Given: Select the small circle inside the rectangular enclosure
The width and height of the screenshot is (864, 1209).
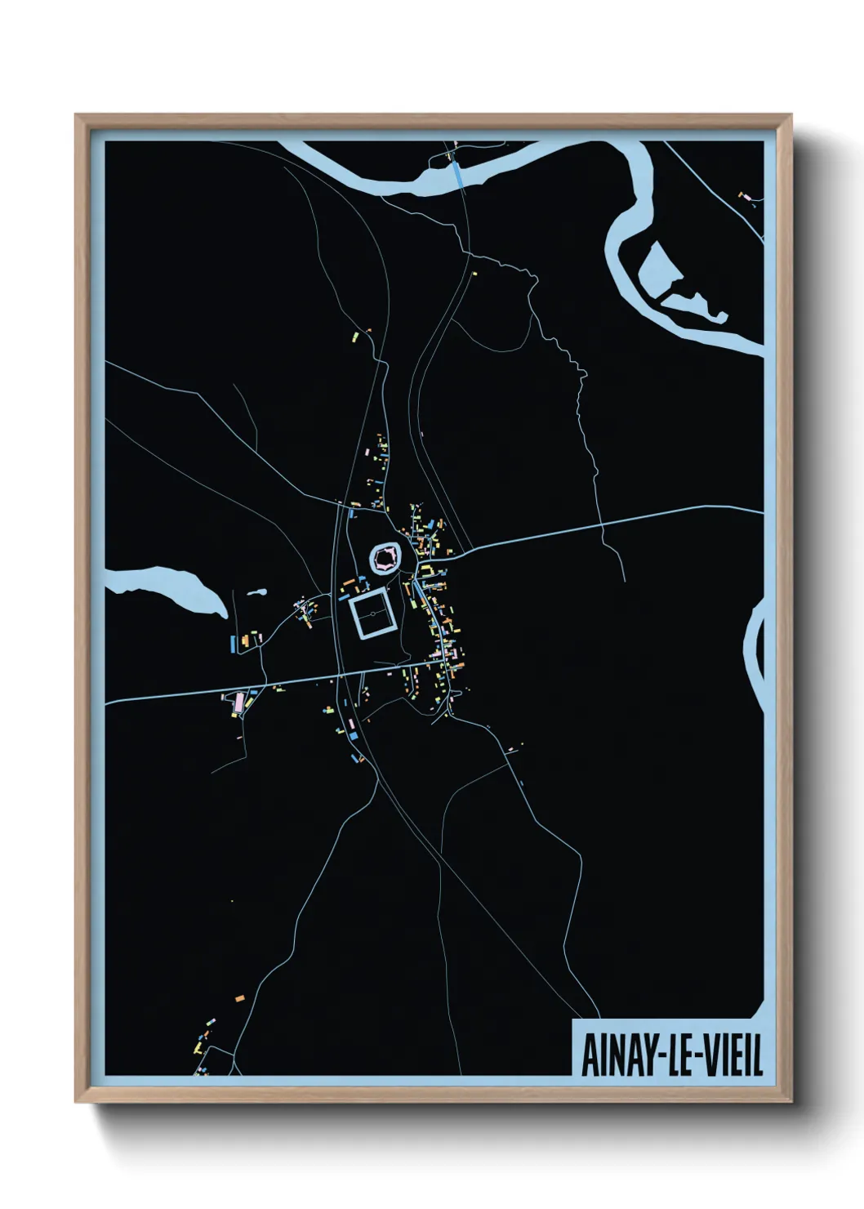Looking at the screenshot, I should coord(372,613).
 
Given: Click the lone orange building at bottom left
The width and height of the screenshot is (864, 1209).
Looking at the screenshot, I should coord(239,998).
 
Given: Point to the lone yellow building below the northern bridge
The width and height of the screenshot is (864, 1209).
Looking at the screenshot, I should coord(474,274).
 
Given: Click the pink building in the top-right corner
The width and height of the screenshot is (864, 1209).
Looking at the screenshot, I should coord(744,196).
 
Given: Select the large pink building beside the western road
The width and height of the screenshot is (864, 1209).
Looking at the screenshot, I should coord(238,701).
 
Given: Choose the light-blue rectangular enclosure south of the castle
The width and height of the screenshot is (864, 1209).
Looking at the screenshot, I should coord(372,613).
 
